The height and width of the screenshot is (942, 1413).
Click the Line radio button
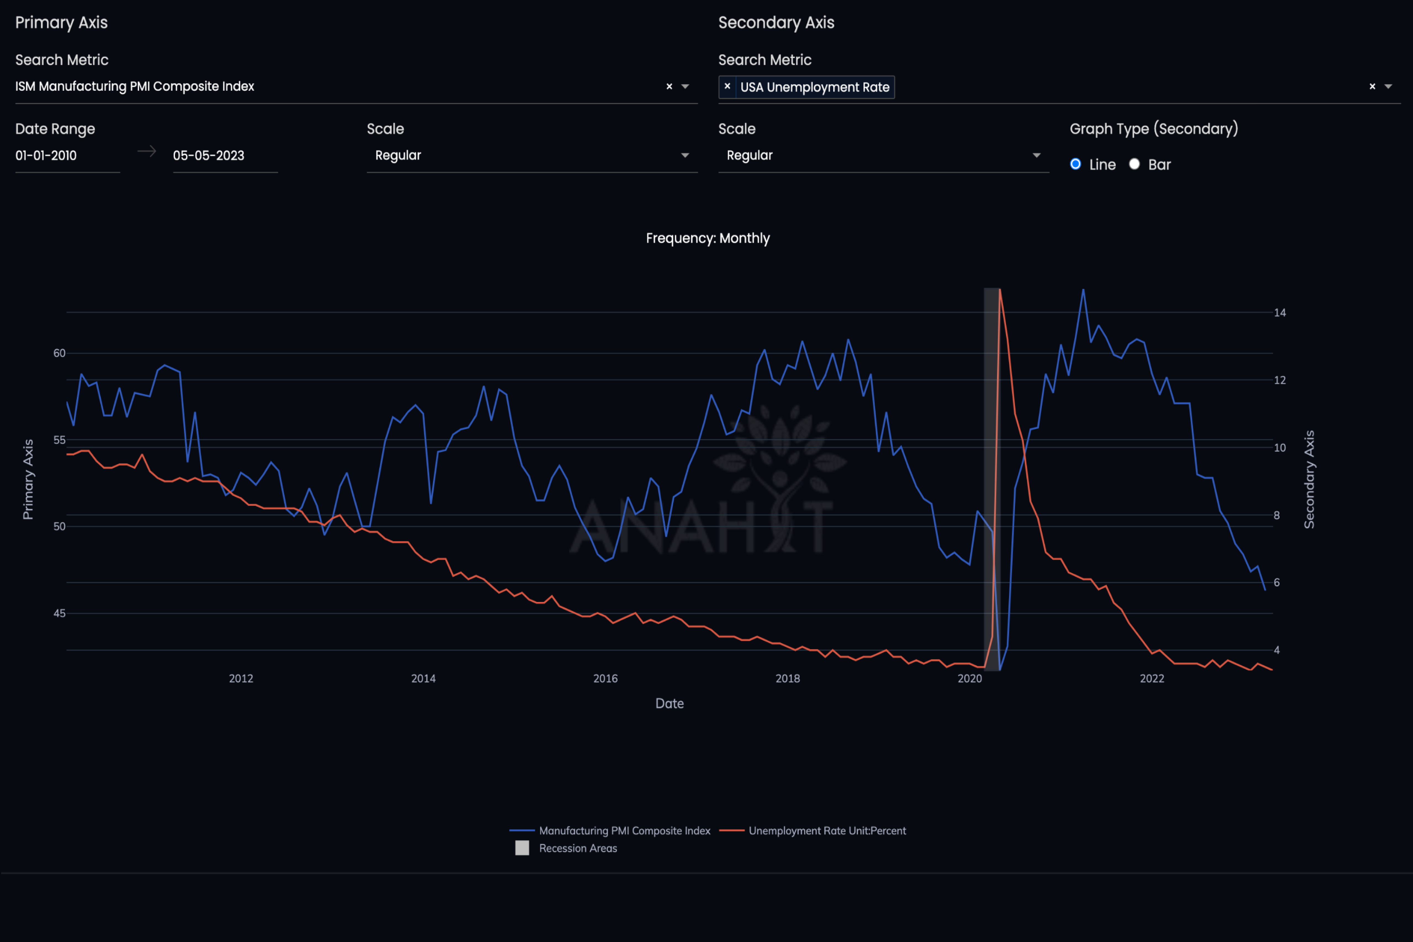(1075, 164)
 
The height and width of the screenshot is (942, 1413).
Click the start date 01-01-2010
(46, 156)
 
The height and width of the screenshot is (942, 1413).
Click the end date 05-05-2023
(208, 156)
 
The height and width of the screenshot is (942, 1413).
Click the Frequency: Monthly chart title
(707, 238)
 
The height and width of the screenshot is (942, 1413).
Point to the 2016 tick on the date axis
(605, 678)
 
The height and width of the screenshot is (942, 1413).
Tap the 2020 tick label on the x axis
(969, 678)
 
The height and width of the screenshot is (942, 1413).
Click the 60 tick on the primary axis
(60, 353)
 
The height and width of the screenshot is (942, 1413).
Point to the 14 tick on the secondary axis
(1280, 312)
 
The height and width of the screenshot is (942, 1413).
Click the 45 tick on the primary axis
(60, 613)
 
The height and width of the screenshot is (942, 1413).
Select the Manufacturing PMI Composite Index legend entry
(624, 831)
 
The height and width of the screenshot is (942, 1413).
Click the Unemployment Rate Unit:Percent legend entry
(827, 831)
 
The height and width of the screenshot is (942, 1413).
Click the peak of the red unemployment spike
(1000, 290)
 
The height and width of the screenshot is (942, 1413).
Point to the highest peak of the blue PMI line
(1083, 290)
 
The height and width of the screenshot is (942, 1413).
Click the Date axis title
(669, 704)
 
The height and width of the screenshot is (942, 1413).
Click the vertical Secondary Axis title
(1309, 479)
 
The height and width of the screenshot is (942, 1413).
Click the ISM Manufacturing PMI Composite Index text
(135, 87)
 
